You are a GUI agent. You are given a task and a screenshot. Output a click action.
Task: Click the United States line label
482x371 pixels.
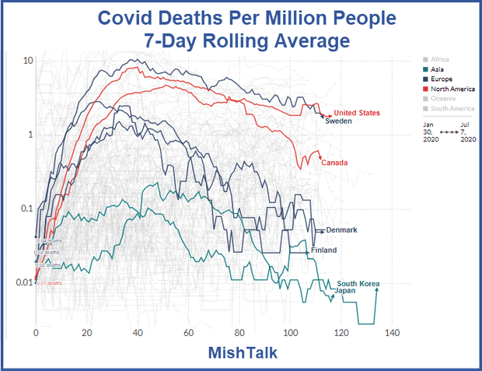(x=356, y=114)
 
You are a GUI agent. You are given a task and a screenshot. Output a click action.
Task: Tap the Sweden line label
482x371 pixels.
(x=339, y=122)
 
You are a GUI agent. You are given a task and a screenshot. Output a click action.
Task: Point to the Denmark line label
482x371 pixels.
(x=341, y=229)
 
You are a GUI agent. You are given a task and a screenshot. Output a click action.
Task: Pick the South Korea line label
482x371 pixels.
(x=358, y=284)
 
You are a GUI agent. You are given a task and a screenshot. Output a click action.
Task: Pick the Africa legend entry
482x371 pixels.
(x=440, y=59)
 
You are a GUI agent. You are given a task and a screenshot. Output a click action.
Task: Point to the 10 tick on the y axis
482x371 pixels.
(x=27, y=61)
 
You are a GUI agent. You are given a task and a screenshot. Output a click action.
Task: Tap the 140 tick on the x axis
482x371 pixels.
(x=391, y=332)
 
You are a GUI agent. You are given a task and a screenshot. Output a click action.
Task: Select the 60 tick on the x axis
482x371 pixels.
(x=188, y=332)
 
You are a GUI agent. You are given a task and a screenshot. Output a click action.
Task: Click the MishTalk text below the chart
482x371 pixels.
(x=241, y=352)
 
